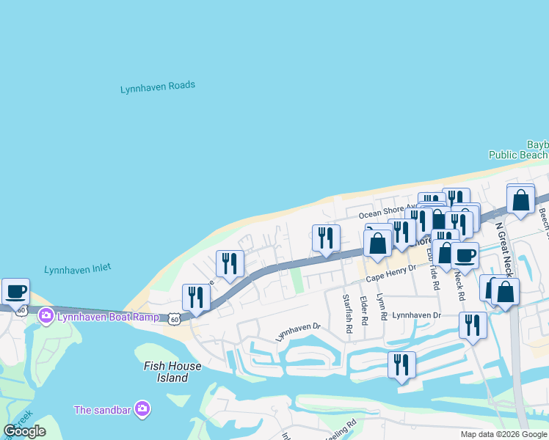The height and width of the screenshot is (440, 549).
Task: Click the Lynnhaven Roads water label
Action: pos(158,87)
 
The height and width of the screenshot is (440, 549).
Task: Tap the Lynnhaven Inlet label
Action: pos(78,269)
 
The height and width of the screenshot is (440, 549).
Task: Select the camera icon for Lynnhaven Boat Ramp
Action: pos(46,316)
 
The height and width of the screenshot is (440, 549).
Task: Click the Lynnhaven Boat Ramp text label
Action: pos(108,316)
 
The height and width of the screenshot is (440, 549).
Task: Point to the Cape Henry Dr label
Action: pos(390,274)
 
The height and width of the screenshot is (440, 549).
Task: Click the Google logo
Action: pos(25,431)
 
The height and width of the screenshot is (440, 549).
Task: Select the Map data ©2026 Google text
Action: pos(503,434)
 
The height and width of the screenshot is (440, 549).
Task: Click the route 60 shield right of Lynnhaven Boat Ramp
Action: pos(173,318)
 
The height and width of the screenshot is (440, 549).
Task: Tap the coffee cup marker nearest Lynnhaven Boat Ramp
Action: pos(15,291)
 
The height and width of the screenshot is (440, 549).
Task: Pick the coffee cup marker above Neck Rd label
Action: pos(464,255)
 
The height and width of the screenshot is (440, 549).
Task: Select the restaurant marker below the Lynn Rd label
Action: pos(401,364)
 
